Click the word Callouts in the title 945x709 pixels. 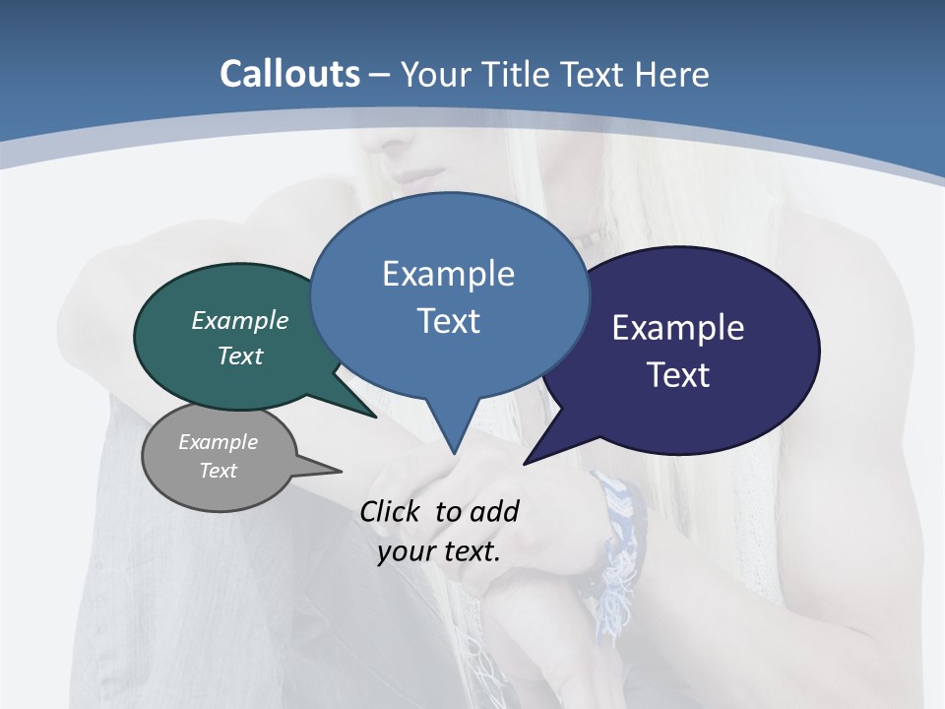tap(289, 74)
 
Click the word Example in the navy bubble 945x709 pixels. tap(678, 328)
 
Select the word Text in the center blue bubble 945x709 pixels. tap(449, 321)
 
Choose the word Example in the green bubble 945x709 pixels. tap(240, 320)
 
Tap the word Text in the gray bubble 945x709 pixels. tap(219, 471)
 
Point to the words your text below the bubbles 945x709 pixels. tap(439, 551)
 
